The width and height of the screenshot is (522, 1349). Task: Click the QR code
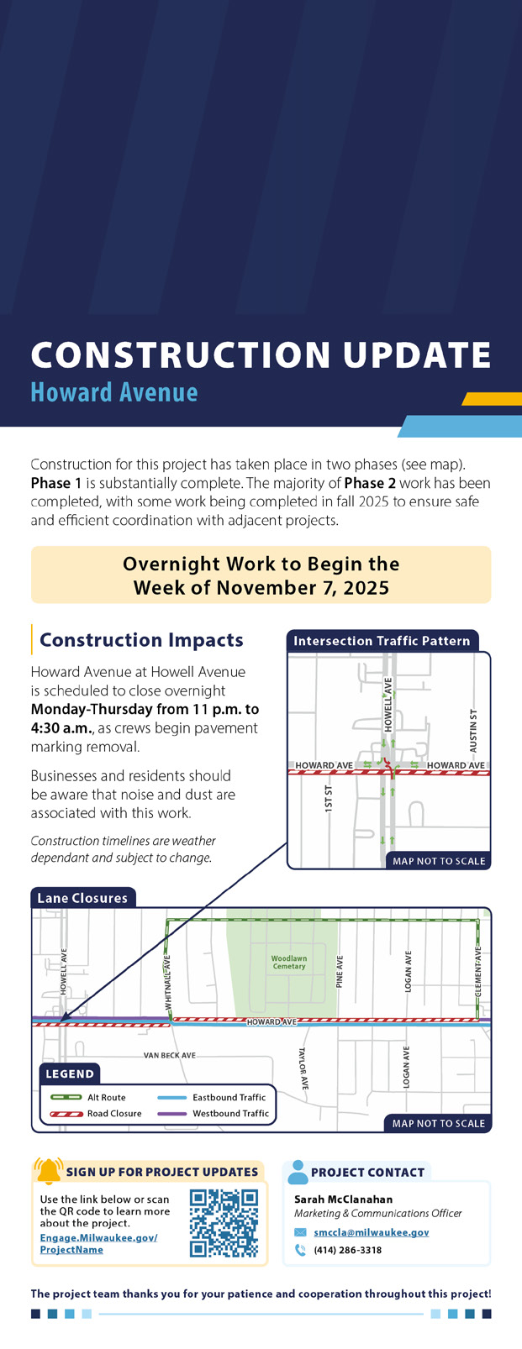[x=224, y=1223]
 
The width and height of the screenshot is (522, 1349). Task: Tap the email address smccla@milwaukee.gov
[x=372, y=1232]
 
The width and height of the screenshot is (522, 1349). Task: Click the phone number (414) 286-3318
[x=348, y=1250]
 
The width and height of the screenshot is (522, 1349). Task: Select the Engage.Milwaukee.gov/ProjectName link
[x=99, y=1244]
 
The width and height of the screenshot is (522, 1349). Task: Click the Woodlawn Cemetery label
[x=288, y=963]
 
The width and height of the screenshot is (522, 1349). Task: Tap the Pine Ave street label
[x=340, y=972]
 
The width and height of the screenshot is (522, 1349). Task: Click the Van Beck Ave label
[x=170, y=1055]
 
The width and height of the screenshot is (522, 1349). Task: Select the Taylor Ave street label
[x=303, y=1068]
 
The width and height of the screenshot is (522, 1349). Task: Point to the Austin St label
[x=473, y=731]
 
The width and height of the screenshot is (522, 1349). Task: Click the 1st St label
[x=329, y=799]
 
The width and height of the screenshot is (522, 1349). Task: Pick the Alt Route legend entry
[x=88, y=1097]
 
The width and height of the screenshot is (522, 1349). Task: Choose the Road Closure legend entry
[x=96, y=1114]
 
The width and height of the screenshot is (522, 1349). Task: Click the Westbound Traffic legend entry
[x=214, y=1114]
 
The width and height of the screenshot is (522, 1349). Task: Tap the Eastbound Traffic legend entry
[x=212, y=1097]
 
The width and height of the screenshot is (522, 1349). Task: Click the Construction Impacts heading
[x=142, y=639]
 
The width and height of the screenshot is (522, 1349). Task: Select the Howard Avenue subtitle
[x=114, y=392]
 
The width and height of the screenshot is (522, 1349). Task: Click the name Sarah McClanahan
[x=343, y=1199]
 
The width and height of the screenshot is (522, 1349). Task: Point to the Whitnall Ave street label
[x=168, y=982]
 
